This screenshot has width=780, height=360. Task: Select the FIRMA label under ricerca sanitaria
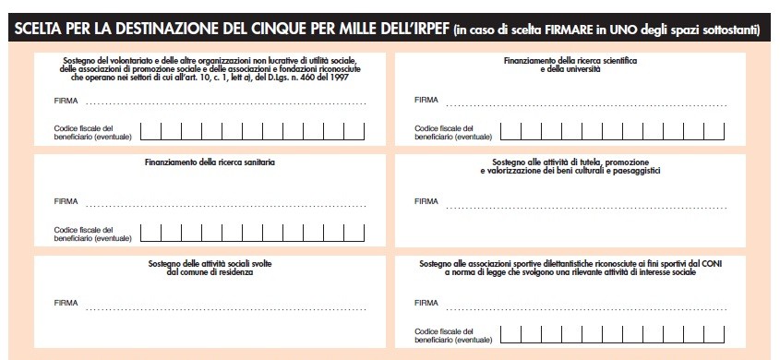66,201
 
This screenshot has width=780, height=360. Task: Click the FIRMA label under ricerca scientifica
426,100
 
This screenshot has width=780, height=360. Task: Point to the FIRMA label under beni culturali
426,201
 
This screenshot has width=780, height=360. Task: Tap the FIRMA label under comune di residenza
66,303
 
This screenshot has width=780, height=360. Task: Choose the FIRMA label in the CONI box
426,303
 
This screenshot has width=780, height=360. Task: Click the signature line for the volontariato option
226,104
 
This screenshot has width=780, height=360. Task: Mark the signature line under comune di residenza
226,309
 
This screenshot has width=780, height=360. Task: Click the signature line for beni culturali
586,208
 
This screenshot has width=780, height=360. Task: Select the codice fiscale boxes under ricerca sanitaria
253,233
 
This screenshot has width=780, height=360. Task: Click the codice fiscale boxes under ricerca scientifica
612,131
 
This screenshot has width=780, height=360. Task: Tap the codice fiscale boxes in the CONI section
612,334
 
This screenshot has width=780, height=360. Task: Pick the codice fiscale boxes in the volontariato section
253,131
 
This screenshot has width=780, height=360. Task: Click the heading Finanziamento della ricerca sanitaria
210,162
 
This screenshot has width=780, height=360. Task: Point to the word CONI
714,263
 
